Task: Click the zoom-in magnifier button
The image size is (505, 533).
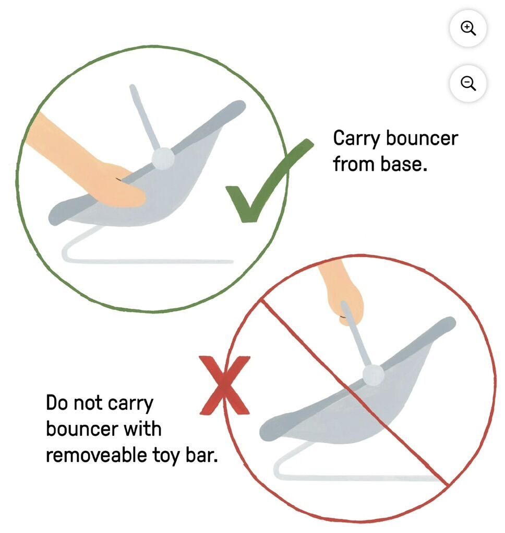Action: click(x=468, y=28)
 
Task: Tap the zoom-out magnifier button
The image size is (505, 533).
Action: click(x=468, y=83)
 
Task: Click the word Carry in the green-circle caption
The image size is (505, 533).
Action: click(x=356, y=139)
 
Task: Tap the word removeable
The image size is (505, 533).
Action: click(x=96, y=455)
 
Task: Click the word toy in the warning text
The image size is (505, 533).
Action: click(x=165, y=456)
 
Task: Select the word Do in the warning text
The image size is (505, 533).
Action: click(x=57, y=403)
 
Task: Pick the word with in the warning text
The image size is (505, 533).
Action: click(x=142, y=428)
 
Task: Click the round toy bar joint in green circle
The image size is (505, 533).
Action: click(x=163, y=158)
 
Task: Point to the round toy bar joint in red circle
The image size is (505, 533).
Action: click(x=374, y=375)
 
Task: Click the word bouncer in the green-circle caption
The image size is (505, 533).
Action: click(x=422, y=138)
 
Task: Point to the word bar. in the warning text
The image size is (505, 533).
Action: click(x=201, y=455)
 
